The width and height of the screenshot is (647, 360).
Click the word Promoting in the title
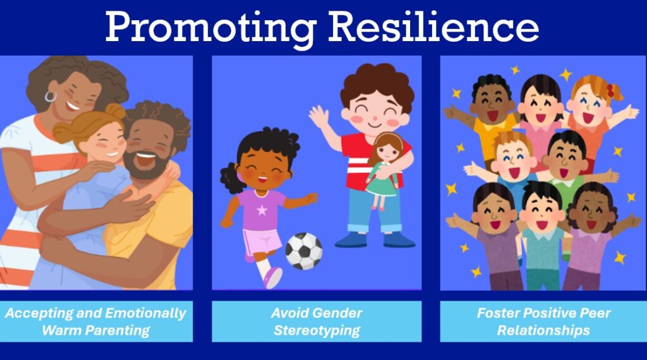pos(211,27)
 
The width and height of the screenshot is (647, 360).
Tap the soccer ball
pos(304,251)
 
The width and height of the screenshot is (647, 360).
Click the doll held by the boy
pos(384,169)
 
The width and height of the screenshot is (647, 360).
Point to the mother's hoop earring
pos(50,97)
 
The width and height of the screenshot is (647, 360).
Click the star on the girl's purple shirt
pos(262,210)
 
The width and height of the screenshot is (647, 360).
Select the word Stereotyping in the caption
pos(317,330)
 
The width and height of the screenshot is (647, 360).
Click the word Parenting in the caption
pos(96,330)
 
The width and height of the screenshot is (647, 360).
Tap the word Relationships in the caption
pos(543,330)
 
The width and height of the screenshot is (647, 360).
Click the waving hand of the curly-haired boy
pos(319,117)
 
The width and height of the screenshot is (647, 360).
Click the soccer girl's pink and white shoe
pos(273,277)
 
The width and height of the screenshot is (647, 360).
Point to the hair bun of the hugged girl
pos(115,111)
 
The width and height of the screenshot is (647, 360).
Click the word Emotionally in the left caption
pos(145,313)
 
